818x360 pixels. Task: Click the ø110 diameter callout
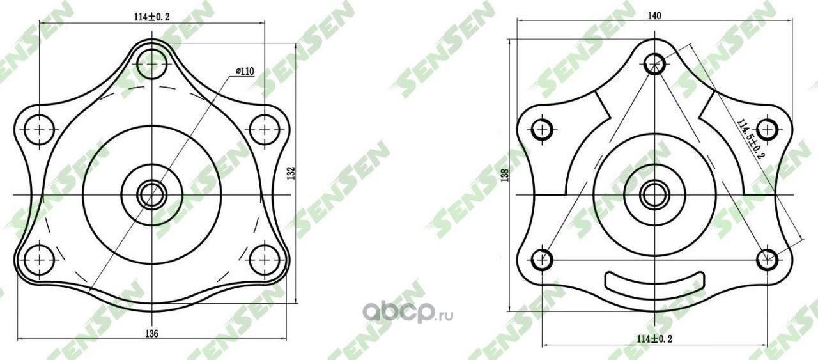pyautogui.click(x=245, y=71)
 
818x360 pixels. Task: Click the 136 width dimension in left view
pyautogui.click(x=151, y=333)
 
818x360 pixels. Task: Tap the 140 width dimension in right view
pyautogui.click(x=654, y=16)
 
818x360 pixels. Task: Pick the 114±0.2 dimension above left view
pyautogui.click(x=152, y=17)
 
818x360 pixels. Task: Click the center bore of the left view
pyautogui.click(x=152, y=194)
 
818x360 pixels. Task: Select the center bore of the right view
pyautogui.click(x=653, y=194)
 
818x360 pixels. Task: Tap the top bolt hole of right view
pyautogui.click(x=654, y=63)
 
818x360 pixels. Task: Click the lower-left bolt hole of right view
pyautogui.click(x=542, y=260)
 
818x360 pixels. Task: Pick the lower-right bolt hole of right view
pyautogui.click(x=766, y=260)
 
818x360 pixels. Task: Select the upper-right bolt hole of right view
pyautogui.click(x=766, y=129)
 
